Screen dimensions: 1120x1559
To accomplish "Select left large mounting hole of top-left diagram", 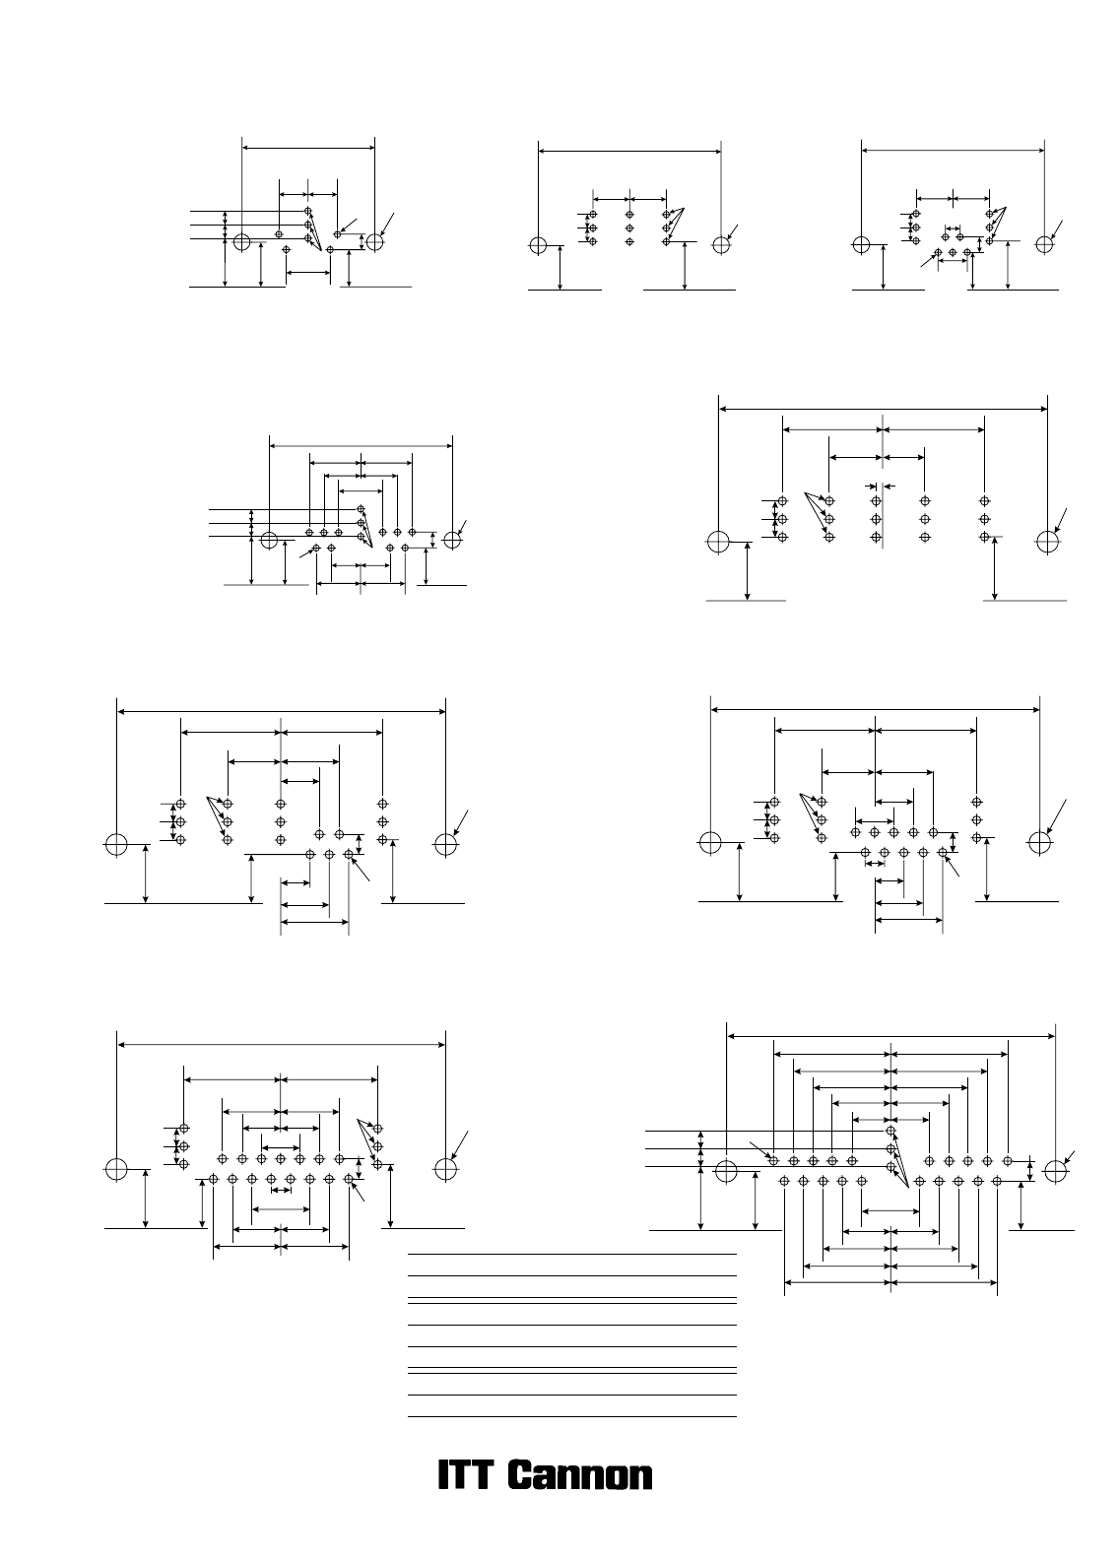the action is coord(241,242).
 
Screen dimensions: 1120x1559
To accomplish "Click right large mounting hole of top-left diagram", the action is coord(375,242).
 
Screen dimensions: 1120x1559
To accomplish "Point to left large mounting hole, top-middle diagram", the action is coord(538,245).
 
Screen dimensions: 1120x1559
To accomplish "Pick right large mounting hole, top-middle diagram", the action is coord(721,245).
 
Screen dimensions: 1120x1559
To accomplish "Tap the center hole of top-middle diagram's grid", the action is coord(629,227).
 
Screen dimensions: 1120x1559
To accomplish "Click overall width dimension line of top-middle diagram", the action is coord(629,151).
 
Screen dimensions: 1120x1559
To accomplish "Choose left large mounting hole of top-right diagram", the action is coord(861,244).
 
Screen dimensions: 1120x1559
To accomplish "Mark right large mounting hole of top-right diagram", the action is coord(1044,244).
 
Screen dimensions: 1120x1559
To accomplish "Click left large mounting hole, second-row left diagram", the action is coord(269,540).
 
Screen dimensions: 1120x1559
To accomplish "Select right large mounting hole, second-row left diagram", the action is coord(452,540).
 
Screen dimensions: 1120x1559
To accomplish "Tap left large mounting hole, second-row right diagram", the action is coord(718,542).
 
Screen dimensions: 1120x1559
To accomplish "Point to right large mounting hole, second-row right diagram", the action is coord(1048,542).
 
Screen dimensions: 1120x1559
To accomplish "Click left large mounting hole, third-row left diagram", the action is coord(116,844).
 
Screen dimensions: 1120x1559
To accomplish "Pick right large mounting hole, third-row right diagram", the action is coord(1039,842).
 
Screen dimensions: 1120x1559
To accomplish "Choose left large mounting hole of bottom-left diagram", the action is coord(116,1169).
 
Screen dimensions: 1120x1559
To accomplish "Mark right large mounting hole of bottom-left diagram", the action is coord(445,1169).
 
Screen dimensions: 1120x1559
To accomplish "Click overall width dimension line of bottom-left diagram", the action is coord(281,1045).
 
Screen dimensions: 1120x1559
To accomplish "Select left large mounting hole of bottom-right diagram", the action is coord(726,1171).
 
